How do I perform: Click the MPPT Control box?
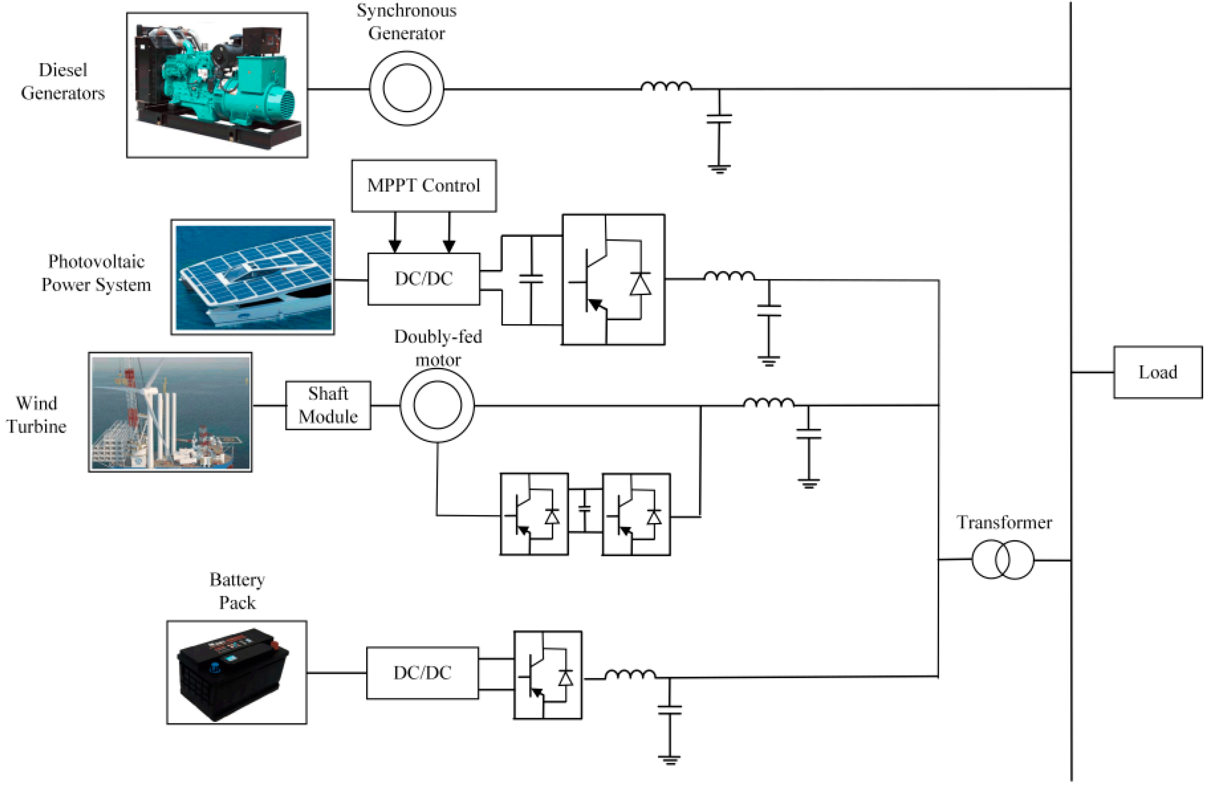tap(423, 186)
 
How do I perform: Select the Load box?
tap(1157, 372)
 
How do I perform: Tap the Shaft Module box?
tap(328, 405)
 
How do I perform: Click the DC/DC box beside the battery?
tap(422, 673)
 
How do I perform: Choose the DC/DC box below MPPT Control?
tap(423, 279)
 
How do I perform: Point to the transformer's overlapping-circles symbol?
tap(1002, 559)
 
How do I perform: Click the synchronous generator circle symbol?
tap(406, 88)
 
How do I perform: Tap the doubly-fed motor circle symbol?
tap(437, 405)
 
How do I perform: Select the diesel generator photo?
tap(217, 85)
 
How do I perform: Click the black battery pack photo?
tap(236, 672)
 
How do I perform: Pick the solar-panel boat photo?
tap(253, 278)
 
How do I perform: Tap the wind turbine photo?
tap(170, 412)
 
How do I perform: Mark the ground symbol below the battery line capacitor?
tap(669, 759)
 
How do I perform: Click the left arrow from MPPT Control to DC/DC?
tap(394, 233)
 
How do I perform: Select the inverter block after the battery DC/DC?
tap(547, 675)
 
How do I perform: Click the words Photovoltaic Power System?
tap(96, 273)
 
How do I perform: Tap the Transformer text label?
tap(1004, 522)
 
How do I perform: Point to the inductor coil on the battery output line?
tap(630, 674)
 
